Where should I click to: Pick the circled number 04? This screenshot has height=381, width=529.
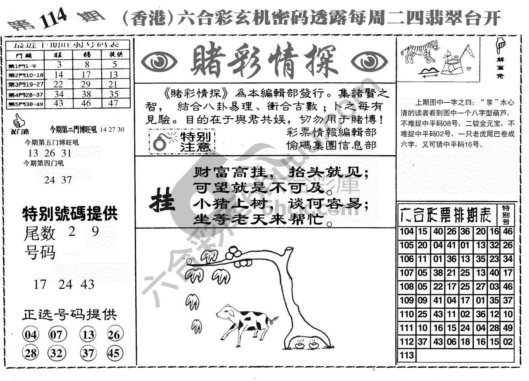coord(31,335)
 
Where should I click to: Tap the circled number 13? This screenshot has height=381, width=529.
coord(88,335)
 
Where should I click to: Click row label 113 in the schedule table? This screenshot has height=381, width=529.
coord(407,355)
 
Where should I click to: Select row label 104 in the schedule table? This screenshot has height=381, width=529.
coord(407,232)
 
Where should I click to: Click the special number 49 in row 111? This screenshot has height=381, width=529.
coord(507,328)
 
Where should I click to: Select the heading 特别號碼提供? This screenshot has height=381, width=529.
coord(70,214)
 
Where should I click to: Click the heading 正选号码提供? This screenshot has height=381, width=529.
coord(69,315)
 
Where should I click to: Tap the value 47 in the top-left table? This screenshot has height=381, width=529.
coord(114,104)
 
